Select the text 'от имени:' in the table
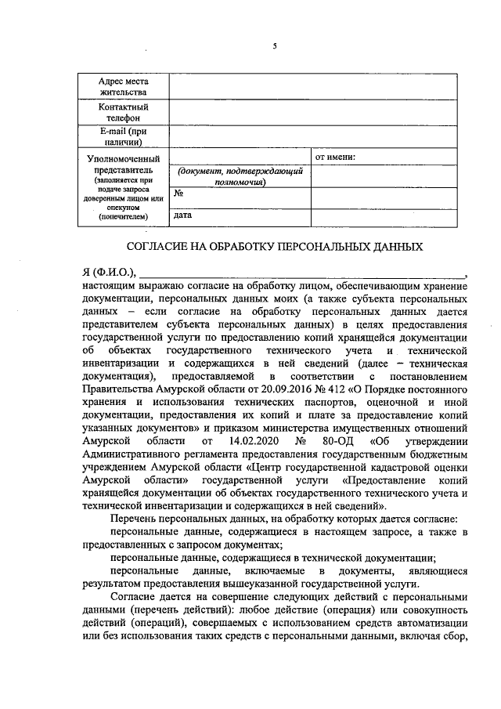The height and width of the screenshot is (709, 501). (335, 157)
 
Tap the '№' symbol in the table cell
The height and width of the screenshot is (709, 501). (178, 193)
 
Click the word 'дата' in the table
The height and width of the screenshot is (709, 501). (183, 213)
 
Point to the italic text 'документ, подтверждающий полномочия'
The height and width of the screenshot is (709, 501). (240, 176)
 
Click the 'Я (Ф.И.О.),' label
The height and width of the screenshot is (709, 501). (109, 273)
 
